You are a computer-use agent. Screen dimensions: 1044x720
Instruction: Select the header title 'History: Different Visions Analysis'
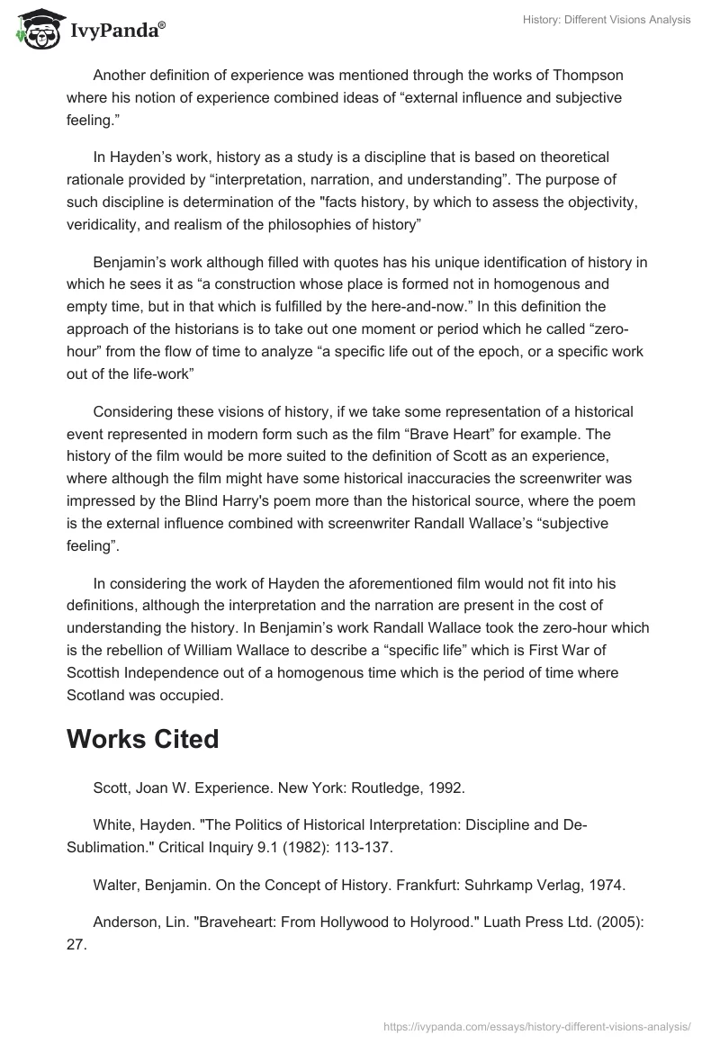[607, 20]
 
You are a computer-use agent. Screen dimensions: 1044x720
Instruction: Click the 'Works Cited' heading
[143, 740]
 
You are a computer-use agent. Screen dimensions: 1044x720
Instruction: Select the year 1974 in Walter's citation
[607, 886]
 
